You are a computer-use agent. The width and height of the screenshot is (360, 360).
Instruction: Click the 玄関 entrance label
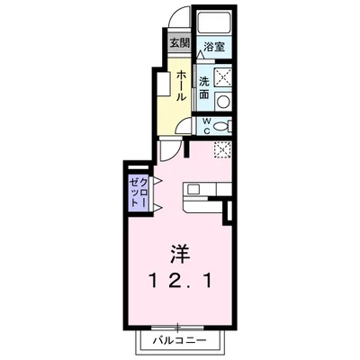(178, 42)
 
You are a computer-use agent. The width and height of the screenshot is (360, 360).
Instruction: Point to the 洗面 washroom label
(204, 87)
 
